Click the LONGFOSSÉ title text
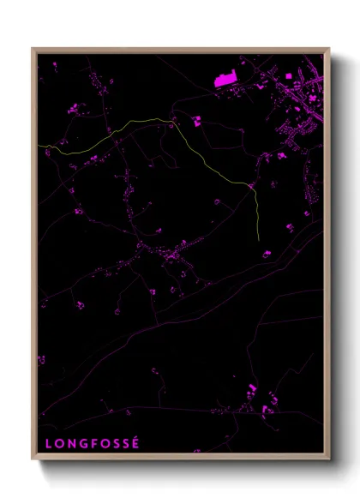click(91, 444)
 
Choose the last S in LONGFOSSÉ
click(124, 444)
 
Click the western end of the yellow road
click(39, 147)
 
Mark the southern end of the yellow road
click(259, 238)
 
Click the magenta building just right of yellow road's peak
click(196, 121)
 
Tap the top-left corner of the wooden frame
click(33, 49)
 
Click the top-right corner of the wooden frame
click(329, 49)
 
